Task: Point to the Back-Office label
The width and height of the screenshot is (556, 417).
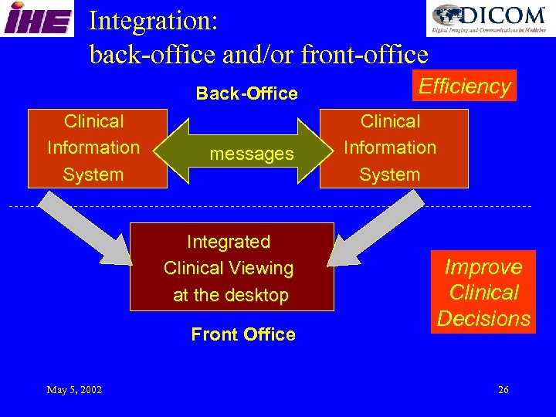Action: (x=246, y=93)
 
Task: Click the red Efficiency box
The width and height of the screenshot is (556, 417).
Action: (x=465, y=86)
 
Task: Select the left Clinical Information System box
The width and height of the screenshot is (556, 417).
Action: (x=97, y=147)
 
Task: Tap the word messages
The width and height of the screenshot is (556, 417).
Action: (x=252, y=154)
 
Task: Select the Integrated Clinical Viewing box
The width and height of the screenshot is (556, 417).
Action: (x=231, y=267)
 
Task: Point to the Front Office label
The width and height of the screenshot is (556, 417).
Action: (x=243, y=334)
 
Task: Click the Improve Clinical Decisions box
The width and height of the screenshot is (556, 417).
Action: (x=483, y=293)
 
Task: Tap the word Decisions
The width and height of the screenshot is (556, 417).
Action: (x=483, y=318)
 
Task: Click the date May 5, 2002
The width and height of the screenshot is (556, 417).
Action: (x=74, y=390)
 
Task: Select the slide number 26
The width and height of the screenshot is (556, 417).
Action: (x=503, y=390)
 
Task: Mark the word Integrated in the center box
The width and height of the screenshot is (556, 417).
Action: (x=229, y=242)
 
